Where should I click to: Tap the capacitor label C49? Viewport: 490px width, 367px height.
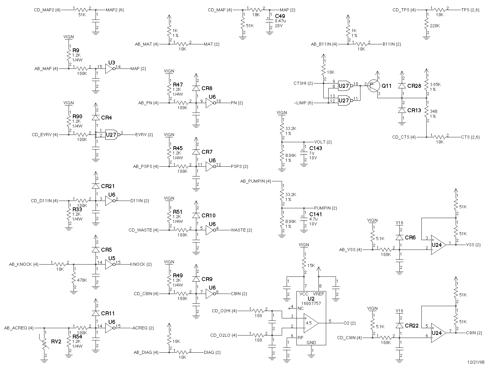[280, 16]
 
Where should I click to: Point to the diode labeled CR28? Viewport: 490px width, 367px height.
[402, 86]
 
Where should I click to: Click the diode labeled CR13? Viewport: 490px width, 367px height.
[402, 110]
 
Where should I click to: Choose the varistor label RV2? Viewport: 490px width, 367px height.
[56, 342]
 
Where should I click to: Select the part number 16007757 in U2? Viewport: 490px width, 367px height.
[311, 303]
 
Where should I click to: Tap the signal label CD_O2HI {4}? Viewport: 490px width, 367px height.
[224, 311]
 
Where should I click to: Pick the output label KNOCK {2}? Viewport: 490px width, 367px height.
[141, 264]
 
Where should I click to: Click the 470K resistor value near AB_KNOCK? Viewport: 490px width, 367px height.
[82, 280]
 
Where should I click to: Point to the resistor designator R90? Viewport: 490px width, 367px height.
[77, 116]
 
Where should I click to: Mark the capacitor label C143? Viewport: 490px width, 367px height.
[316, 148]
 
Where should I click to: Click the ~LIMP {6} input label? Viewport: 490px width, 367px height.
[303, 103]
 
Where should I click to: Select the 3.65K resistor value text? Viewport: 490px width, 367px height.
[435, 84]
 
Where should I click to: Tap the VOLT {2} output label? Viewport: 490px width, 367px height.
[323, 142]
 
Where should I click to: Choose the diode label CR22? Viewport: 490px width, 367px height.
[412, 325]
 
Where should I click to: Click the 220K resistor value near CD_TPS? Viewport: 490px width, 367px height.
[435, 26]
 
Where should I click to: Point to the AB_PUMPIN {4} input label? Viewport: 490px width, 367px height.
[256, 181]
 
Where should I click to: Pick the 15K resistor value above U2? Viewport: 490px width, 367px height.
[311, 265]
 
